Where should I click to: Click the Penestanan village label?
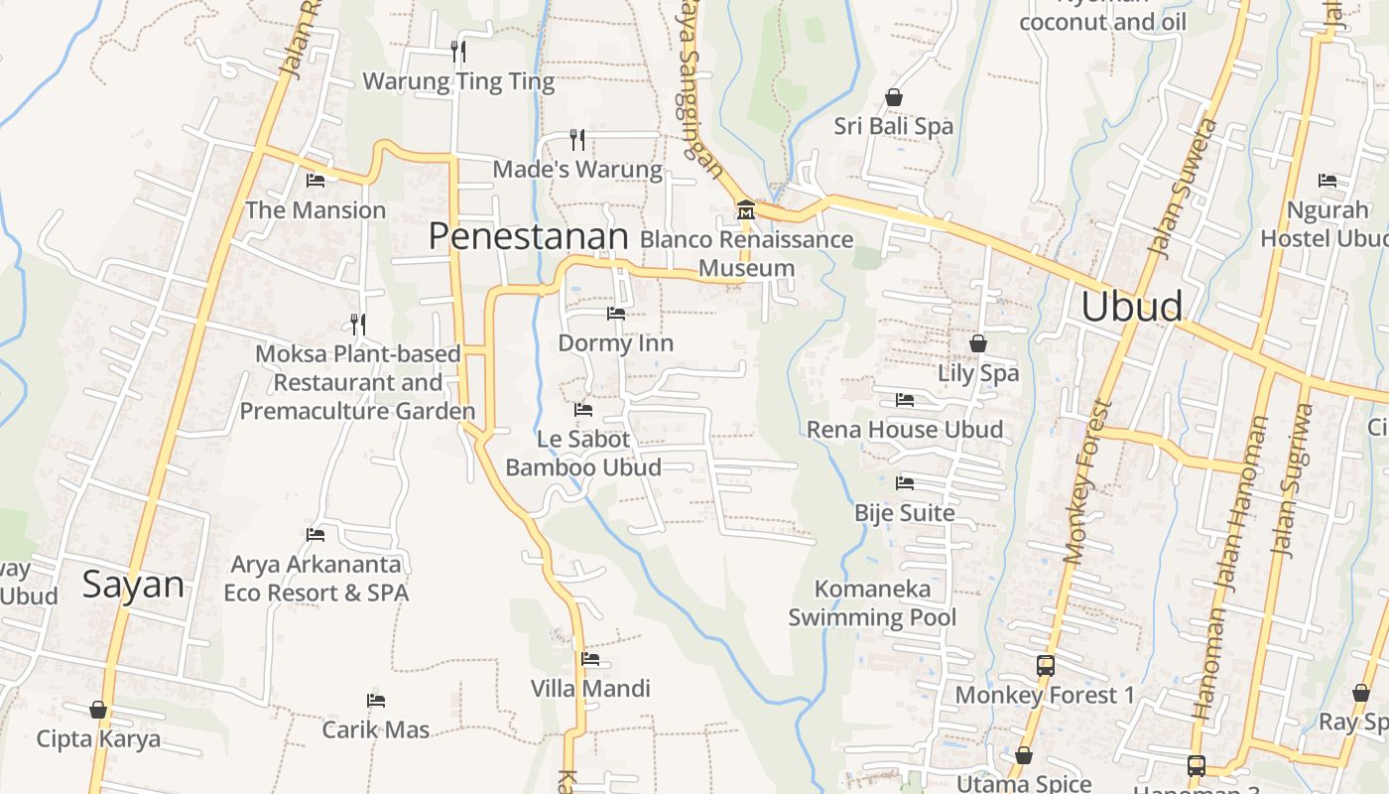point(529,236)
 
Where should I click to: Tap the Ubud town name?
point(1131,307)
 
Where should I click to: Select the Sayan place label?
point(133,585)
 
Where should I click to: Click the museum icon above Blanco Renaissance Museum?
point(745,210)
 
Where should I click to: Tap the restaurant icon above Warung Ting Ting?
point(457,51)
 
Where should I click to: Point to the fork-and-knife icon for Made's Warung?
point(577,139)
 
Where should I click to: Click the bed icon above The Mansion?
point(316,181)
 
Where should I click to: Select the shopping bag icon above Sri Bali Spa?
point(893,97)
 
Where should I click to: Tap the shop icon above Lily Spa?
point(978,343)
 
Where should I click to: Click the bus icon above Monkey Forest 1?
point(1045,666)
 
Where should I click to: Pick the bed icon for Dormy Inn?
point(616,314)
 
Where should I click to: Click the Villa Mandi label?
point(590,689)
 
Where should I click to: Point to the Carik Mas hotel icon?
point(375,701)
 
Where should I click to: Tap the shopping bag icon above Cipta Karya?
point(97,710)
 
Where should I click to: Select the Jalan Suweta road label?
point(1180,189)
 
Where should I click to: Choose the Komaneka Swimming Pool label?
point(872,603)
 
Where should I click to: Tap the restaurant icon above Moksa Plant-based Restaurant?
point(358,324)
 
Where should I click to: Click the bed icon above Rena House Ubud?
point(904,400)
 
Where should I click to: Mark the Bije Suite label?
point(904,513)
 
